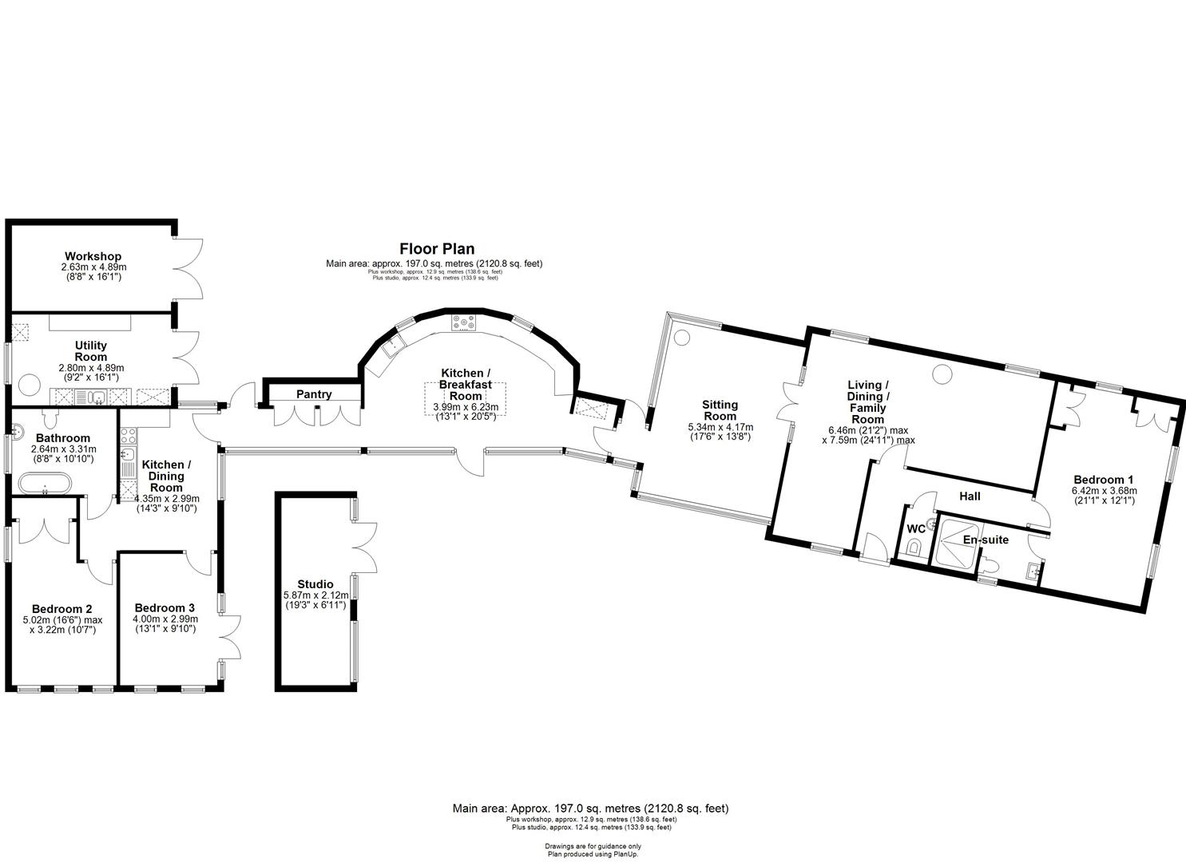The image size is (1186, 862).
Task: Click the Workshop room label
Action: click(x=93, y=256)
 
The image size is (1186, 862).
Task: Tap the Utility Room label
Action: click(x=90, y=351)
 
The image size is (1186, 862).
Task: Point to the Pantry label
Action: click(x=314, y=394)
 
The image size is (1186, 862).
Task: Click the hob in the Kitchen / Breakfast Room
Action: click(x=463, y=322)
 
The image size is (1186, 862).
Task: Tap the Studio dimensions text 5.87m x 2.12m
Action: click(x=315, y=595)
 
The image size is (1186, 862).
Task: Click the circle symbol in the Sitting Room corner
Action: click(x=681, y=337)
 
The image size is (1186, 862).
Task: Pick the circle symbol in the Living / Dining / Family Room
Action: click(x=942, y=373)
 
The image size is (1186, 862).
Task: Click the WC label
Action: click(x=916, y=528)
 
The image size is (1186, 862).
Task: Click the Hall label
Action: click(x=970, y=496)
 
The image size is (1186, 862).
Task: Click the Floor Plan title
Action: click(x=437, y=249)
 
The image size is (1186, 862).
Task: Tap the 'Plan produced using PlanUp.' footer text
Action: click(x=593, y=853)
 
